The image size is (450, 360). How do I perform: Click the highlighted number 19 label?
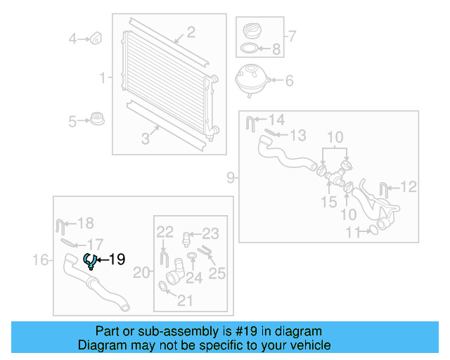117,259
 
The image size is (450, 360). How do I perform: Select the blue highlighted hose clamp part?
90,261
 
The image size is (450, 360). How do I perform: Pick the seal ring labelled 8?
248,49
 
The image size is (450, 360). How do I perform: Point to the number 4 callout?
72,39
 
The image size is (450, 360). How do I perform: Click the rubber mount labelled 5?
97,120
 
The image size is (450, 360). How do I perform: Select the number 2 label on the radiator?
190,32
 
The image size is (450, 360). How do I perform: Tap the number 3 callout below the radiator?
146,139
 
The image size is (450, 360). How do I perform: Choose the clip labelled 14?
250,124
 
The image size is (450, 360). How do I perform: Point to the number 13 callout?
298,134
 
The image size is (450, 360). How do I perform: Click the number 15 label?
329,202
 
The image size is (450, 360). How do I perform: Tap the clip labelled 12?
385,188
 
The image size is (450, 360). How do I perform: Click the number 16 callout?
40,261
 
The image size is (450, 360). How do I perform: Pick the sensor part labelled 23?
187,236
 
